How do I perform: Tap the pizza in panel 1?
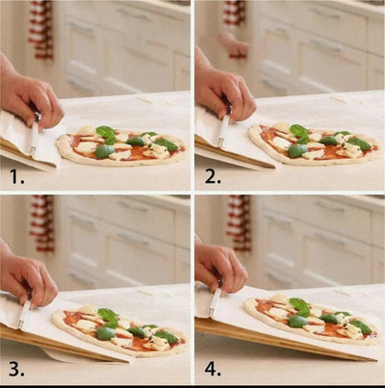(x=120, y=146)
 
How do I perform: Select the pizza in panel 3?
(x=120, y=329)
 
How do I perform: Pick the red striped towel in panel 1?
(x=40, y=29)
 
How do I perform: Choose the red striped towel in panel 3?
(x=41, y=221)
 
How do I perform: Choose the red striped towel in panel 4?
(x=238, y=221)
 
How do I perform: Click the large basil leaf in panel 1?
(x=105, y=132)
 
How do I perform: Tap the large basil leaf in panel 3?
(x=109, y=316)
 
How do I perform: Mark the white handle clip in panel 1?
(x=37, y=136)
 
